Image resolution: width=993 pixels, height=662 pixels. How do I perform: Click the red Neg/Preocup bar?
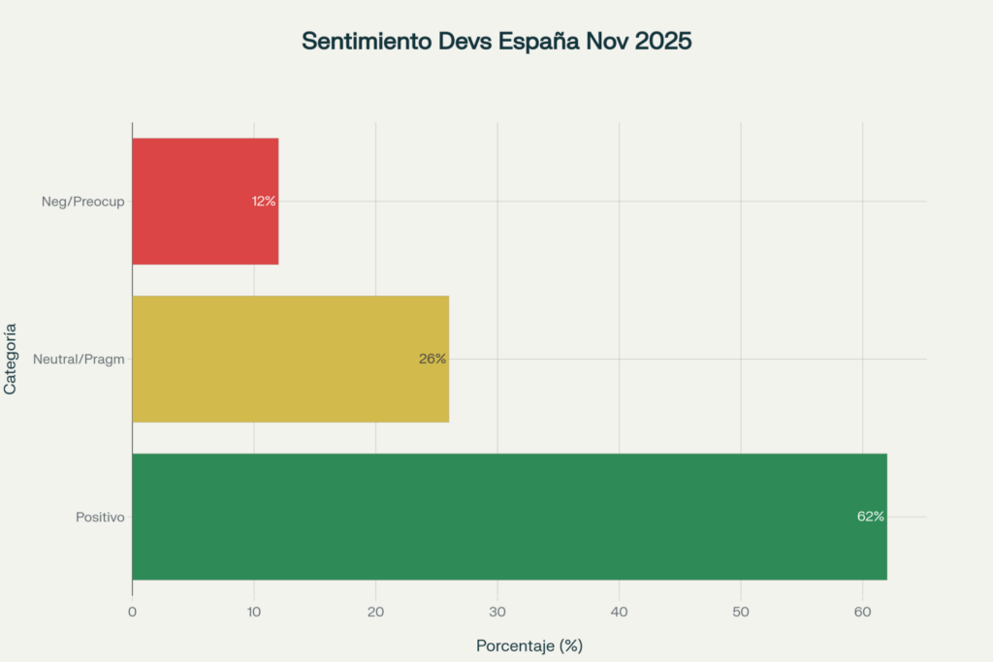click(205, 202)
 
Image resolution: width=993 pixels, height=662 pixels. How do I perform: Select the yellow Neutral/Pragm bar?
click(290, 359)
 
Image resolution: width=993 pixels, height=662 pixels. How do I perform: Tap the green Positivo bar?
click(509, 517)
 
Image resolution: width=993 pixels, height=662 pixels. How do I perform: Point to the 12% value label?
click(264, 202)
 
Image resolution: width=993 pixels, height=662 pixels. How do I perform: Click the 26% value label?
click(432, 359)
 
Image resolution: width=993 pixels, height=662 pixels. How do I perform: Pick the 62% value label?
click(870, 517)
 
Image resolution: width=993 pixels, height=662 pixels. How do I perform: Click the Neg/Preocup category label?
click(83, 202)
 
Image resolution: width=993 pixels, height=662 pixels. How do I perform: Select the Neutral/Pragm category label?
click(80, 360)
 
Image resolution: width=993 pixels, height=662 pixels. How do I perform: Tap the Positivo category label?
click(100, 518)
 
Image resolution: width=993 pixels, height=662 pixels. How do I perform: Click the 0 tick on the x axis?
click(132, 612)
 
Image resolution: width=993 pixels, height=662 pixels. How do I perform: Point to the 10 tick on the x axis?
click(254, 612)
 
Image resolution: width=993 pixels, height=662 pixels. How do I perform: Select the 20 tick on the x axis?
click(375, 612)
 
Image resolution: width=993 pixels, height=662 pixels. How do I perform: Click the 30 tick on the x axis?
click(497, 612)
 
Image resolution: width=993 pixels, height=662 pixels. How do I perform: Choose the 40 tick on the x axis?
click(619, 612)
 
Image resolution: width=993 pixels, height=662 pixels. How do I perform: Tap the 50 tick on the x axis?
click(741, 612)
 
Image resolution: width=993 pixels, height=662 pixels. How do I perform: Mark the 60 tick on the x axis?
click(862, 612)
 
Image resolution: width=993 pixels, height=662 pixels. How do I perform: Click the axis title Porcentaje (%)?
click(529, 646)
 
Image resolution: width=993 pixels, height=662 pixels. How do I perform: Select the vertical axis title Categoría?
click(11, 359)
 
